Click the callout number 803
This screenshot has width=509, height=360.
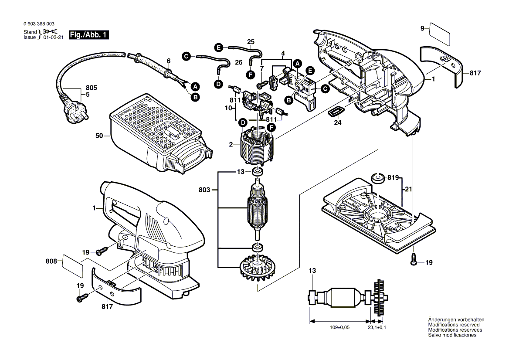(x=204, y=190)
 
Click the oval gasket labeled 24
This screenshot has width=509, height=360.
(x=336, y=112)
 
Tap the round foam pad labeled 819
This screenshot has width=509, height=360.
(x=378, y=178)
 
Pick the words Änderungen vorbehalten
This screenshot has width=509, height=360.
(x=456, y=319)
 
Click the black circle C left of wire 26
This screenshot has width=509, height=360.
(x=186, y=56)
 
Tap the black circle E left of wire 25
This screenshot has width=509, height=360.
(x=219, y=47)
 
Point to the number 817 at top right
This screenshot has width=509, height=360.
(x=475, y=73)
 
